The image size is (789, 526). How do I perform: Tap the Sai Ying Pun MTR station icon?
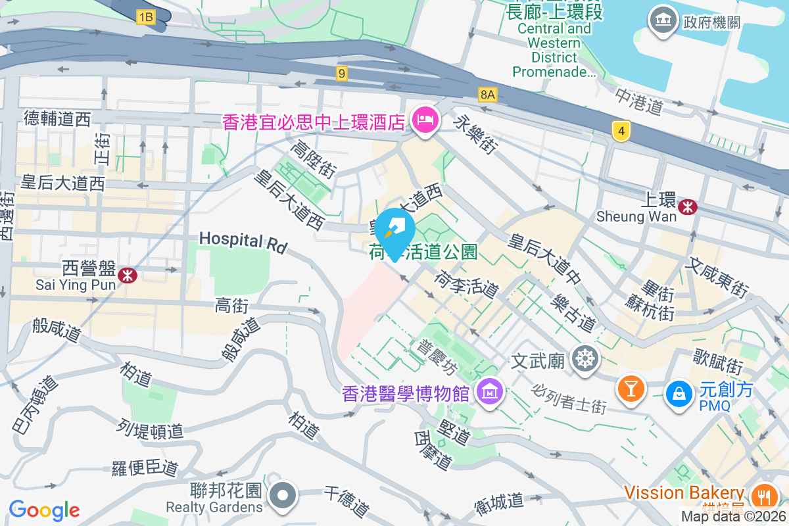128,275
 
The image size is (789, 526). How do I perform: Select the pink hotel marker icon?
425,120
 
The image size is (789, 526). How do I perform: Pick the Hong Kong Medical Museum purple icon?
490,393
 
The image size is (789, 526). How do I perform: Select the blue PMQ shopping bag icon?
678,394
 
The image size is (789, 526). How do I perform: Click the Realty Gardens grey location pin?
283,495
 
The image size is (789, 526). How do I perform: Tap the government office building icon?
663,22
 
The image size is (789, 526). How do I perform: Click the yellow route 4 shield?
619,131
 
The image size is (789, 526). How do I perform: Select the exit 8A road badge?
487,95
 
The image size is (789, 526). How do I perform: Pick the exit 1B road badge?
146,18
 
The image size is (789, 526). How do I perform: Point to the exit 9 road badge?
341,73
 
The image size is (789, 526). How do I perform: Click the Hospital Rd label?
243,242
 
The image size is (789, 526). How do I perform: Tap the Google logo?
44,510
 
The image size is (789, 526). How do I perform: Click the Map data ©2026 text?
733,517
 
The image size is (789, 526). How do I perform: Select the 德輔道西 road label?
57,118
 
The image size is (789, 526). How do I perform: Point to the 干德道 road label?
347,501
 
